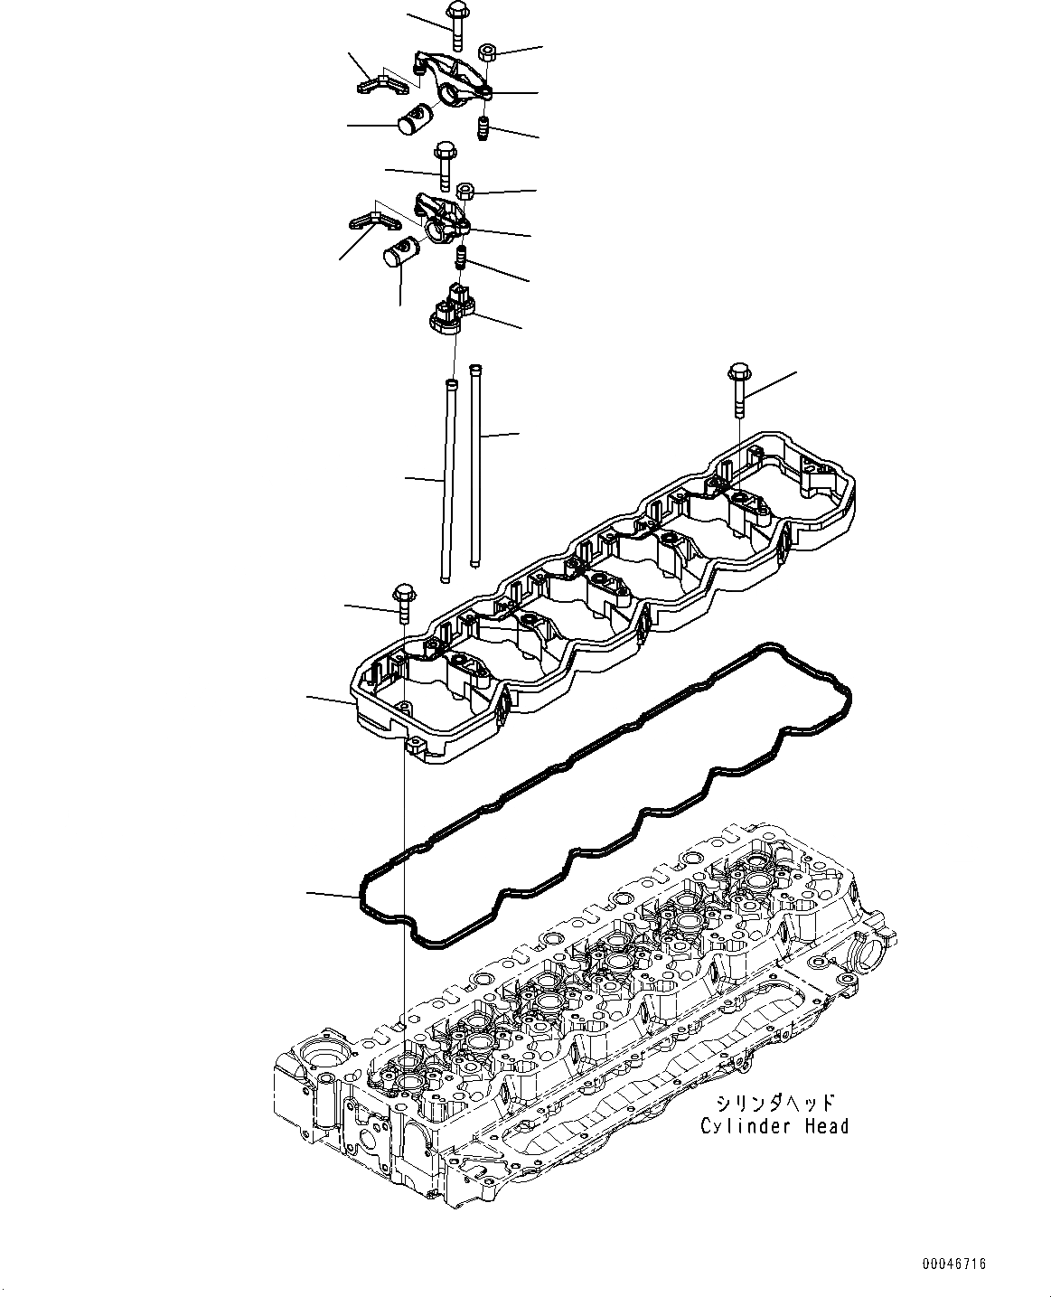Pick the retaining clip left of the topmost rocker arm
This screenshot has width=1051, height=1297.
[379, 84]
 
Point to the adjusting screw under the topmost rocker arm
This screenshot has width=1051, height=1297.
[483, 130]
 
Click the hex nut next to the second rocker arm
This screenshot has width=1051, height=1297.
[466, 192]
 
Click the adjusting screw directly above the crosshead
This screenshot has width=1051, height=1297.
[460, 258]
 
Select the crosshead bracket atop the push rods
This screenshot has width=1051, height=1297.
[449, 308]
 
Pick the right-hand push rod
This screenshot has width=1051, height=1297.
[475, 465]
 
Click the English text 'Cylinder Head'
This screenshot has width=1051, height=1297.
[774, 1126]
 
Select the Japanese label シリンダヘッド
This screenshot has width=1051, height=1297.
[774, 1103]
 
